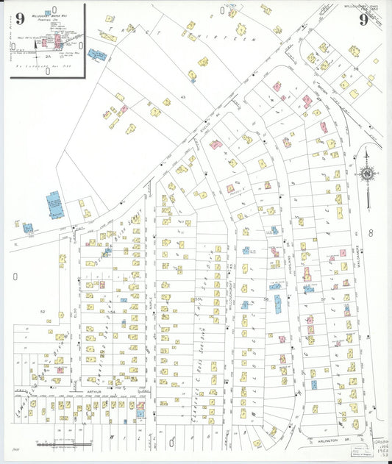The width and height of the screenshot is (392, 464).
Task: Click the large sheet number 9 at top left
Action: click(x=19, y=18)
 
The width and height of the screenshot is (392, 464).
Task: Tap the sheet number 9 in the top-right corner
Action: click(x=363, y=19)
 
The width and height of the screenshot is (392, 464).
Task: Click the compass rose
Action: click(x=366, y=174)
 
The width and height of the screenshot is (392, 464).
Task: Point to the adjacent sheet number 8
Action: click(x=371, y=233)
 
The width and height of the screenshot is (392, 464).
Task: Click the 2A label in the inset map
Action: click(x=48, y=56)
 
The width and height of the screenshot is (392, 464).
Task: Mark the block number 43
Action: click(x=165, y=101)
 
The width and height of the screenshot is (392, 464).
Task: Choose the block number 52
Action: click(x=43, y=312)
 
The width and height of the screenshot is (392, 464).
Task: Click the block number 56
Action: click(x=265, y=300)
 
